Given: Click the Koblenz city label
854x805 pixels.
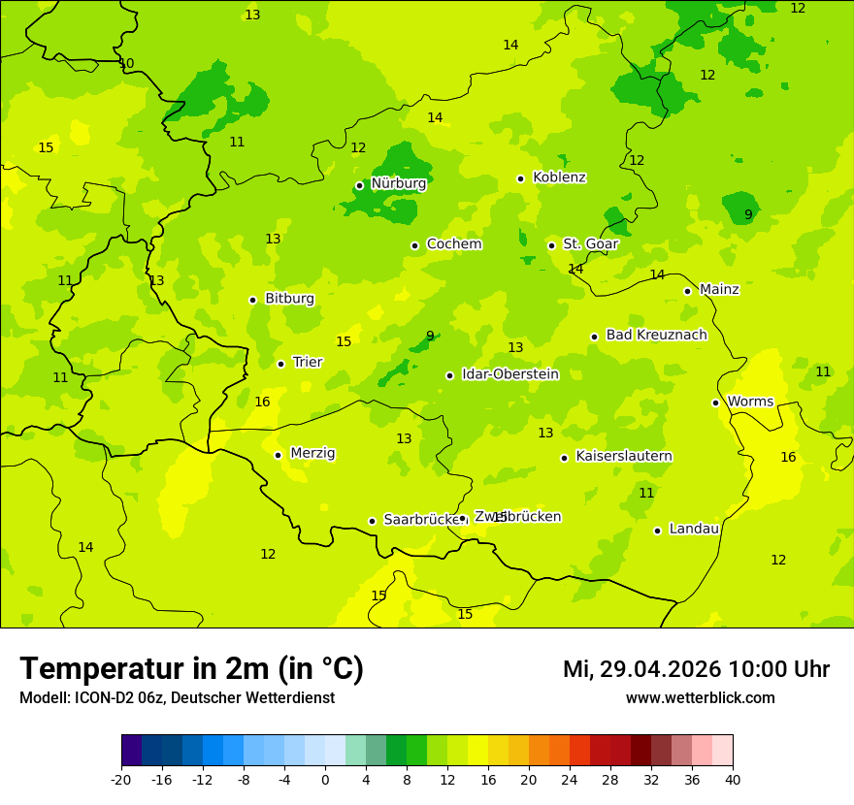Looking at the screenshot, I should pos(559,177).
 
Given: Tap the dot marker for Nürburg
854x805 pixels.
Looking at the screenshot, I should pos(359,185).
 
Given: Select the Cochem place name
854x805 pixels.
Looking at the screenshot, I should pos(453,244).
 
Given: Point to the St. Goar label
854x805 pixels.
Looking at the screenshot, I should pos(590,244).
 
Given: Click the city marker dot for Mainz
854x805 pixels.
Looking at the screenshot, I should pos(687,291).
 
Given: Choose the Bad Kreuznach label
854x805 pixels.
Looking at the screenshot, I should pos(656,336).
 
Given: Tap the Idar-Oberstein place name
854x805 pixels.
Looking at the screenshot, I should pos(509,374).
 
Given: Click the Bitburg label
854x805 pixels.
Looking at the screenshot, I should pos(289,299).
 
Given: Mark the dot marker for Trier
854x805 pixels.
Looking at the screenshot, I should pos(280,364).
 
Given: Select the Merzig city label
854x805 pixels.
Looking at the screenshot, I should pos(312,454).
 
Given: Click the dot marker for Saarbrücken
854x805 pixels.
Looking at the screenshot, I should pos(372,521).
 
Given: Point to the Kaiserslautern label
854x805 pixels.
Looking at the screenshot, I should pos(624,457).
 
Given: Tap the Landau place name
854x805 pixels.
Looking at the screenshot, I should pos(694,530).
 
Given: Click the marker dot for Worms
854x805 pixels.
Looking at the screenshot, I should pos(715,402).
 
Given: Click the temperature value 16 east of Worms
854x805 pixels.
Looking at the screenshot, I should pos(788,458).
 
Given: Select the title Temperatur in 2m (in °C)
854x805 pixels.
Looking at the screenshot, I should pos(191,669).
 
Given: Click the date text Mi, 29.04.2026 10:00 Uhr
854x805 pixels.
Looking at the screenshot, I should pos(696,669).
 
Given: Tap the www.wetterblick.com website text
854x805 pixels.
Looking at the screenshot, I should pos(700,698).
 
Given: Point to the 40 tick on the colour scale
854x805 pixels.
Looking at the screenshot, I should pos(733,779).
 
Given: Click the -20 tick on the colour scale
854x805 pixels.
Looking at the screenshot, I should pos(121,779).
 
